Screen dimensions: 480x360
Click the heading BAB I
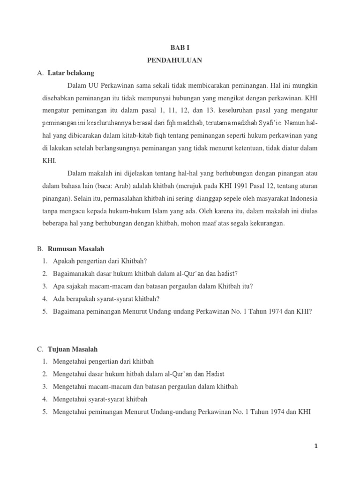pos(180,48)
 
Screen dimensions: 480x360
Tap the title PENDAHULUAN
pos(180,60)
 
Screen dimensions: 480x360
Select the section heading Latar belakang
pos(71,73)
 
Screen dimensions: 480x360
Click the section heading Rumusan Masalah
pos(76,249)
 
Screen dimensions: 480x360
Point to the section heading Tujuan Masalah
pos(73,349)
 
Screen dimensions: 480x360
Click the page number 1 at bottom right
pos(316,446)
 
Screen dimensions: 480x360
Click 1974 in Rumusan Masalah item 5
pos(278,311)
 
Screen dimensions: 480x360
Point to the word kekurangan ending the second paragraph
pos(266,224)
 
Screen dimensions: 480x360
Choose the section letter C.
pos(39,349)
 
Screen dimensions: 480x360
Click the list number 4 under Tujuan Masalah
pos(44,399)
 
